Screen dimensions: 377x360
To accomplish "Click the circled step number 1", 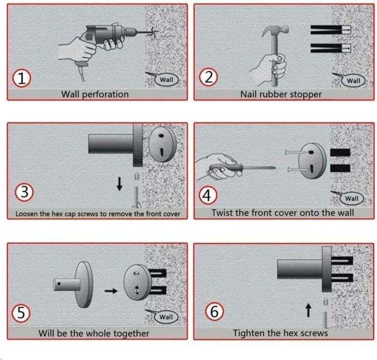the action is (22, 78).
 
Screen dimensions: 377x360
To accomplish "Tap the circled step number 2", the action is (208, 78).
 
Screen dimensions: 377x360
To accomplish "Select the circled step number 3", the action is (24, 192).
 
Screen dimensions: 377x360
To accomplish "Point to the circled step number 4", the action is (208, 196).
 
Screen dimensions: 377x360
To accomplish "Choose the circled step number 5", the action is (21, 313).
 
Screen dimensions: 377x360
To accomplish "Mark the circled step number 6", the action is (214, 311).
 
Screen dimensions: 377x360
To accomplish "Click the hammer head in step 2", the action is (275, 31).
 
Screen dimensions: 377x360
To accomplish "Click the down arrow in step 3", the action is (120, 184).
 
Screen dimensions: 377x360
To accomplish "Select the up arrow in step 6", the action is (308, 310).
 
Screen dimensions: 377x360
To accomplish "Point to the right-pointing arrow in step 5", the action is (111, 291).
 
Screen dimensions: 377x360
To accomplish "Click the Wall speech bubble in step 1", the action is (166, 80).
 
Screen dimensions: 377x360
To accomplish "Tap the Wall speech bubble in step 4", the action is (352, 198).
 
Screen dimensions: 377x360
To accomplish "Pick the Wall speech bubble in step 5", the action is (166, 317).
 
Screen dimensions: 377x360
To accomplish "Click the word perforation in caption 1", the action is (106, 94).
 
